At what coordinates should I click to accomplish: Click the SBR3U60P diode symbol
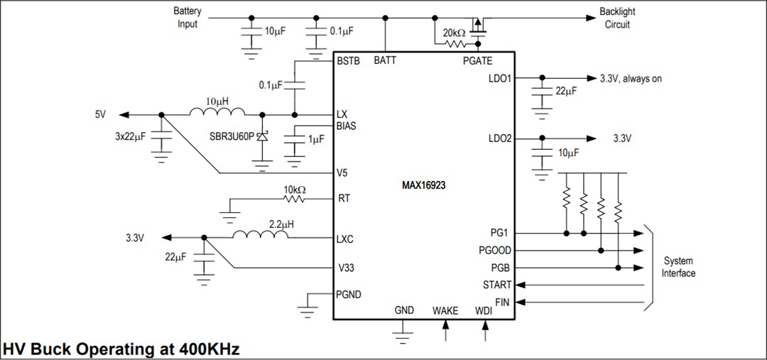263,139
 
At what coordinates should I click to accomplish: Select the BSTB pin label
349,61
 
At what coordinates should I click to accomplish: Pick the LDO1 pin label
500,78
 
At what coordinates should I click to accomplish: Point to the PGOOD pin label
495,250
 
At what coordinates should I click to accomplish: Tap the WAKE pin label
445,310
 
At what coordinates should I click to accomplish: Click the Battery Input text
187,18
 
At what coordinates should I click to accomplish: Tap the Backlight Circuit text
616,18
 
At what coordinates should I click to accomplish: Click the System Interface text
678,267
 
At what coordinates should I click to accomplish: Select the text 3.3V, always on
631,79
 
